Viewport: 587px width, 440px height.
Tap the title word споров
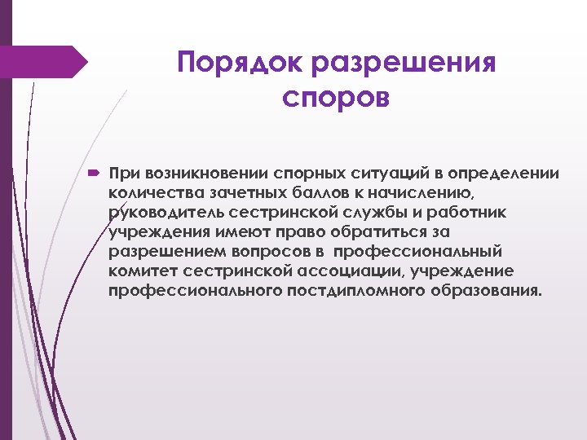[x=336, y=98]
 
